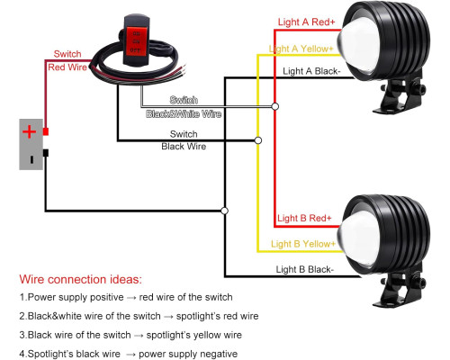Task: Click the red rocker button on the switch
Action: [x=135, y=40]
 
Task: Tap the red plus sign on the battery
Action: [x=29, y=131]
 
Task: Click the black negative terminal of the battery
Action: [x=46, y=153]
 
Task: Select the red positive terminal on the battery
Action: [x=46, y=131]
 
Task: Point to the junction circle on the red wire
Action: [x=274, y=106]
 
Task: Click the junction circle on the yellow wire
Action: [x=258, y=140]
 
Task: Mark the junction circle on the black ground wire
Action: [x=224, y=211]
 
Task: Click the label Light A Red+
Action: [x=306, y=22]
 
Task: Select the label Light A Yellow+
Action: [x=301, y=49]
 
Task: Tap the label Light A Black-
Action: [x=311, y=71]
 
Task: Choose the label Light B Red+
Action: [x=304, y=218]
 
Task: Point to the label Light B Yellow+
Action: [x=303, y=244]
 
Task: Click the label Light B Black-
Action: [x=305, y=269]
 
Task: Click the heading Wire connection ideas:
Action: [x=80, y=279]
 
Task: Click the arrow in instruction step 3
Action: [x=139, y=336]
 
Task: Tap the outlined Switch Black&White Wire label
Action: [x=184, y=107]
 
